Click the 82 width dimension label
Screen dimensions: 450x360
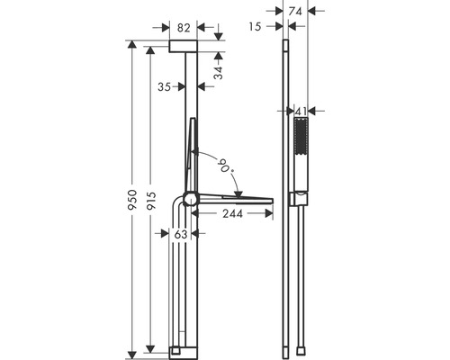184,28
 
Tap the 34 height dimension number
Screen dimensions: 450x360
219,73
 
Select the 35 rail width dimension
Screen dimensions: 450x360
164,87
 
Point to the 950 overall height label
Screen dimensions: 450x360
132,200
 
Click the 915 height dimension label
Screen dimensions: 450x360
152,201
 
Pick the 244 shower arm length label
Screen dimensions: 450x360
232,213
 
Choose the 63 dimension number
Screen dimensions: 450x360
181,234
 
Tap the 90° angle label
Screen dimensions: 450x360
226,166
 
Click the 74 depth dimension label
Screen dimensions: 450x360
295,12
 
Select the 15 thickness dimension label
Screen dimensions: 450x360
255,27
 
